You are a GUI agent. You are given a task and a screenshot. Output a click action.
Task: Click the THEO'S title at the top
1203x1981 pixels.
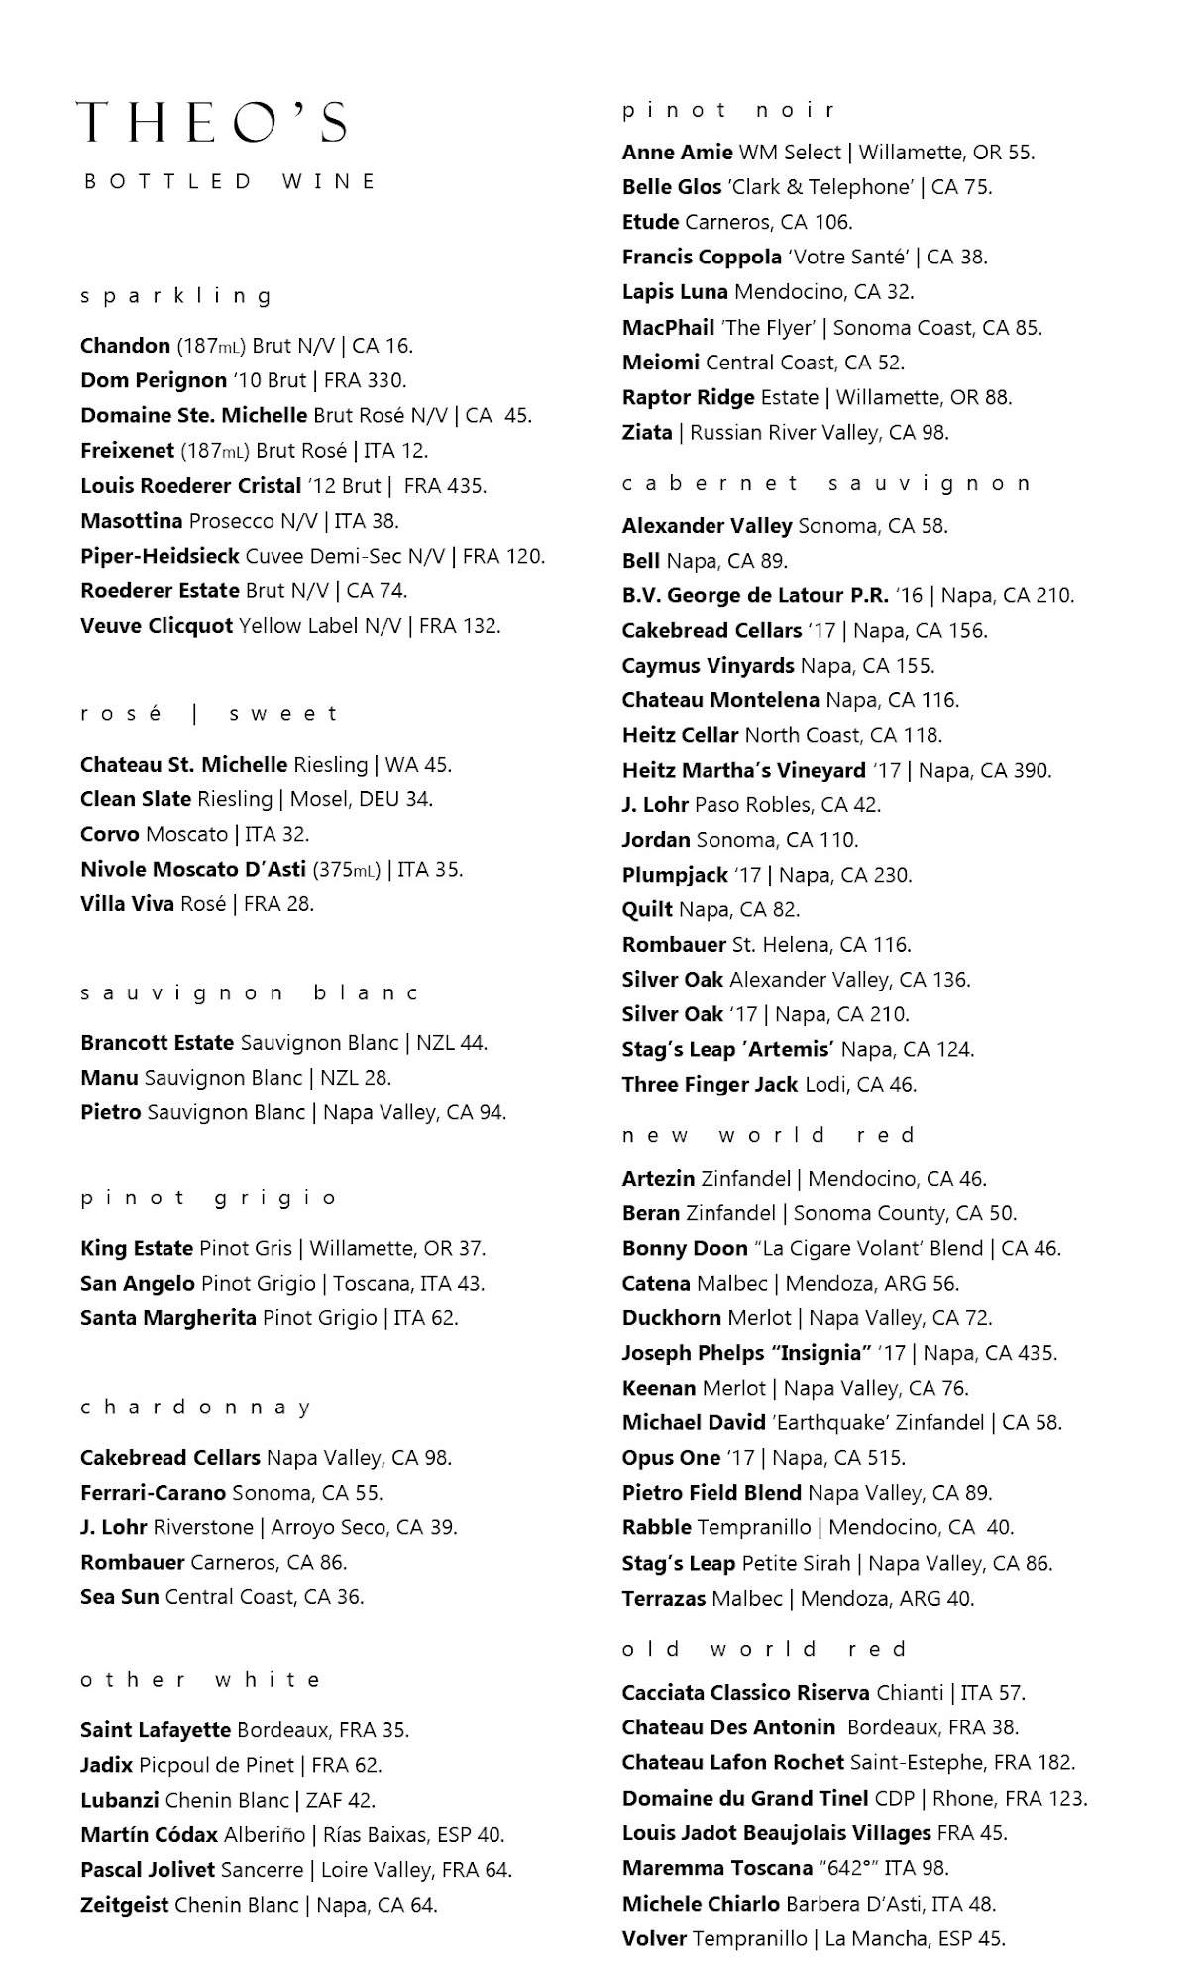pos(212,124)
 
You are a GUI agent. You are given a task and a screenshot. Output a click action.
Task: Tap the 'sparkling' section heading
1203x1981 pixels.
pos(176,296)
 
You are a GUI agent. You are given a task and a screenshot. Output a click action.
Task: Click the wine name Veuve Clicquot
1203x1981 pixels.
pos(157,626)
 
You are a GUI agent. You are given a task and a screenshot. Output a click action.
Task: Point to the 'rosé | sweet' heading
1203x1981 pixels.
pos(210,714)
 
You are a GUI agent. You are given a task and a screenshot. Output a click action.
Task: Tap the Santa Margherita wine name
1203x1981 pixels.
pos(168,1318)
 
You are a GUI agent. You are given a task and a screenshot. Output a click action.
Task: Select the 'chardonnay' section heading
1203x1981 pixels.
pos(196,1408)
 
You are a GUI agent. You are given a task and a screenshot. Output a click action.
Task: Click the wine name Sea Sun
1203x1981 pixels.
pos(120,1597)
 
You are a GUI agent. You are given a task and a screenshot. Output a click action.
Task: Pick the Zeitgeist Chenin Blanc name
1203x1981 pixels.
pos(125,1905)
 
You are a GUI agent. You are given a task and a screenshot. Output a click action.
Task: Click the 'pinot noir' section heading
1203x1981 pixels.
pos(729,110)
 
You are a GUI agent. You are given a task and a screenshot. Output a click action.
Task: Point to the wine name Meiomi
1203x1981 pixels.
pos(661,363)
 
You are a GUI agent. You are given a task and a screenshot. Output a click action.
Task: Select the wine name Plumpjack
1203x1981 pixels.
pos(675,875)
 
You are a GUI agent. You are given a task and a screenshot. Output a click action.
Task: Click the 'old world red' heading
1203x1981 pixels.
pos(765,1649)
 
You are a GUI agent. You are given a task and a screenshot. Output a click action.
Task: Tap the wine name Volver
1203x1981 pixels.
pos(654,1938)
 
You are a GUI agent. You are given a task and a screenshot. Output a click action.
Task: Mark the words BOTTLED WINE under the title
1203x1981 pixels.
pos(231,182)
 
